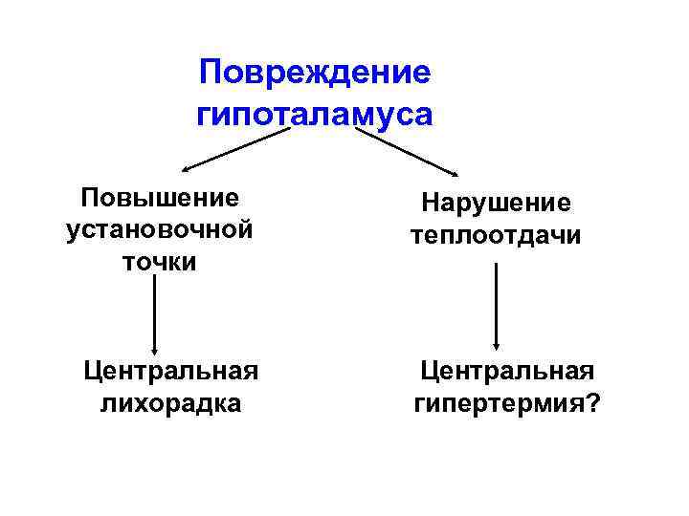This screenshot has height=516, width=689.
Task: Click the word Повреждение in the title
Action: (x=315, y=72)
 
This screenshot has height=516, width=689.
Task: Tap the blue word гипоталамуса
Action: (x=315, y=114)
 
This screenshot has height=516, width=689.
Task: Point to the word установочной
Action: (x=160, y=229)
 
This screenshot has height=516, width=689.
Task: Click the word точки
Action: (x=160, y=262)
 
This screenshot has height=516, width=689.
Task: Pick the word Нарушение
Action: (x=496, y=204)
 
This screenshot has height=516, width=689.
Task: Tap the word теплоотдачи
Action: (x=496, y=235)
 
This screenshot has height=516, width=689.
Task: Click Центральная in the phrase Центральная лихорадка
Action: (x=171, y=370)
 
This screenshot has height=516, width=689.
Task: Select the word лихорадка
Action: (x=171, y=403)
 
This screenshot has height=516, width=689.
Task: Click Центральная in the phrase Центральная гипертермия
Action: (x=508, y=371)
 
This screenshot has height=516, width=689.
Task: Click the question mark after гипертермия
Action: (x=595, y=403)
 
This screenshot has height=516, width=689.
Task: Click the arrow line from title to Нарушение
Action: (x=407, y=151)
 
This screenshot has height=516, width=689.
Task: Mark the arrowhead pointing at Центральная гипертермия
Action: (x=496, y=346)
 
